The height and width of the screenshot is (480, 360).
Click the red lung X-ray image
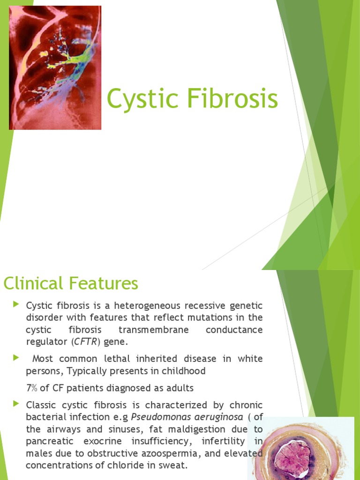click(x=55, y=67)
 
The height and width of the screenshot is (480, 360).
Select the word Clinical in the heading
click(x=33, y=283)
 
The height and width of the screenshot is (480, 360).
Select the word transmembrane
click(x=153, y=330)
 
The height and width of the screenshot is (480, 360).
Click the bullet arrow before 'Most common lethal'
click(x=17, y=358)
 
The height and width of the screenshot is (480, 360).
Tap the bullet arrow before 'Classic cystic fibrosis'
click(x=17, y=404)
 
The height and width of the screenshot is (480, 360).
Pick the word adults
click(x=180, y=388)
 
